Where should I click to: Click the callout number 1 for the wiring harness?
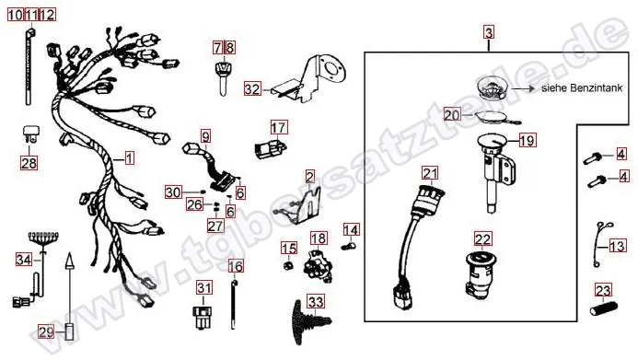(x=129, y=157)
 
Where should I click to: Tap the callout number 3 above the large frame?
(x=489, y=32)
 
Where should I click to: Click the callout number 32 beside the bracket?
(x=252, y=88)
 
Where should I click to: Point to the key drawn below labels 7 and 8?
(x=222, y=77)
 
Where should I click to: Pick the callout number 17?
(x=278, y=128)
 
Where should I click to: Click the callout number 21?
(x=430, y=174)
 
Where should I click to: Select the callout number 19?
(x=527, y=141)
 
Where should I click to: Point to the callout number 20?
(x=452, y=115)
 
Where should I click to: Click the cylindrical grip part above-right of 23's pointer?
(x=603, y=308)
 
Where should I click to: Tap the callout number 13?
(x=617, y=246)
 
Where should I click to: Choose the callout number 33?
(x=316, y=302)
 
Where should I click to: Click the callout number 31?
(x=204, y=288)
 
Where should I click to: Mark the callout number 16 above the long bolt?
(x=236, y=266)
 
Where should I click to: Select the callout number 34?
(x=24, y=259)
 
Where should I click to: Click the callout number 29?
(x=46, y=332)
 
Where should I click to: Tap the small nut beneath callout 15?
(x=288, y=266)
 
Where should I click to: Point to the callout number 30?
(x=173, y=192)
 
